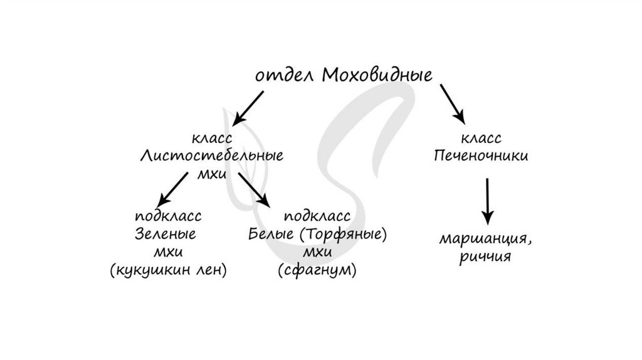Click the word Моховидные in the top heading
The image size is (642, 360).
click(x=377, y=76)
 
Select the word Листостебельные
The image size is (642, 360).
click(x=211, y=156)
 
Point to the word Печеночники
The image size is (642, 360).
click(x=481, y=156)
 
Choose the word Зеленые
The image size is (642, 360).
click(x=166, y=235)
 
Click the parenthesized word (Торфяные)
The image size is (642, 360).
click(x=343, y=235)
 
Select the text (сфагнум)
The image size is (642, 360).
click(x=317, y=270)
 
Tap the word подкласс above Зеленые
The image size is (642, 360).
click(x=167, y=216)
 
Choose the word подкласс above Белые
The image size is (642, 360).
click(x=317, y=216)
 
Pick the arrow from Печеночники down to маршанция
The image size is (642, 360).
click(x=487, y=199)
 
